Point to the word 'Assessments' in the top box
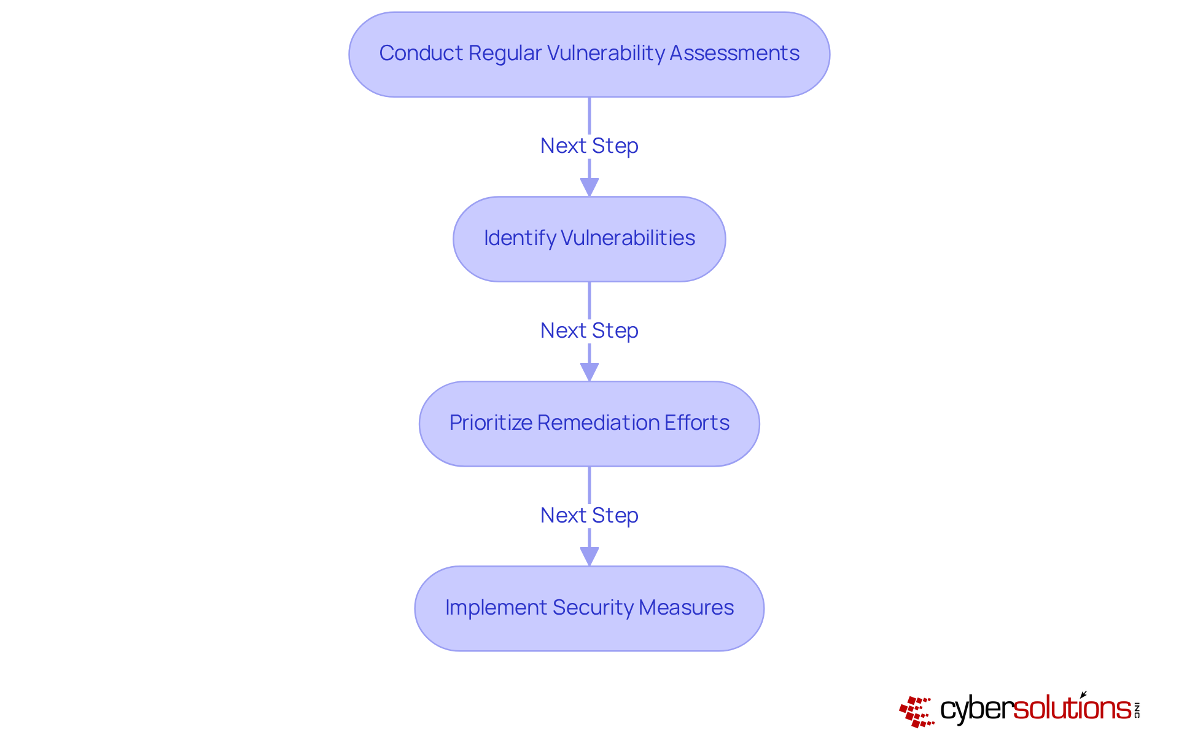pyautogui.click(x=734, y=53)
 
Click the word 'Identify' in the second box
pyautogui.click(x=519, y=238)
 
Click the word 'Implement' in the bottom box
pyautogui.click(x=496, y=608)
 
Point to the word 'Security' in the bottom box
pyautogui.click(x=593, y=608)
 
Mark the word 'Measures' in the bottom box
pyautogui.click(x=686, y=608)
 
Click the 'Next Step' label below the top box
pyautogui.click(x=589, y=146)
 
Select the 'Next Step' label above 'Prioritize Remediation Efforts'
pyautogui.click(x=589, y=331)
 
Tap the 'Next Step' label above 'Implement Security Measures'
pyautogui.click(x=589, y=516)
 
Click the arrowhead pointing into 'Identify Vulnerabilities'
pyautogui.click(x=589, y=187)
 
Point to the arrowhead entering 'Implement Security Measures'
pyautogui.click(x=589, y=556)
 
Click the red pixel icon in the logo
pyautogui.click(x=916, y=711)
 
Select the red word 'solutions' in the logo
pyautogui.click(x=1072, y=709)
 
